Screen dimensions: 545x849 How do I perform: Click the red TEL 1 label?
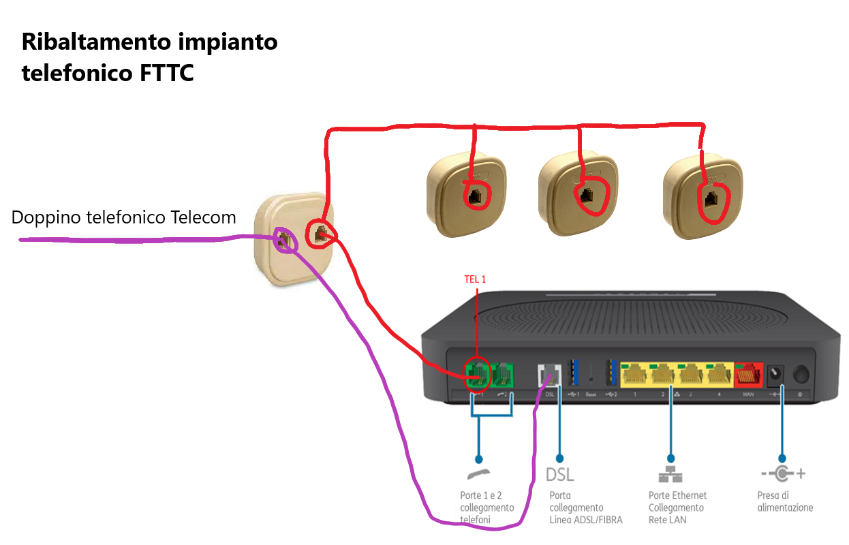tap(476, 279)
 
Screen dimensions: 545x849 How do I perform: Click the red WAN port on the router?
tap(748, 374)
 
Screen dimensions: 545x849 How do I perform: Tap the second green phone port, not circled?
tap(503, 374)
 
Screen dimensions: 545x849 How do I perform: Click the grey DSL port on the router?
tap(549, 375)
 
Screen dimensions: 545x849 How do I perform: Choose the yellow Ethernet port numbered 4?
tap(718, 374)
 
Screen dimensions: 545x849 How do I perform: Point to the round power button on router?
tap(801, 374)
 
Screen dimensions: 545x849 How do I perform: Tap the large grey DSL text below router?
tap(560, 474)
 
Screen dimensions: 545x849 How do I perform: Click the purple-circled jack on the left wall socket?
tap(285, 240)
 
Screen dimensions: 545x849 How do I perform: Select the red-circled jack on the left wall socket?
tap(319, 235)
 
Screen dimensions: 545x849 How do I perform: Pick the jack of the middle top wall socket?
tap(586, 196)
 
